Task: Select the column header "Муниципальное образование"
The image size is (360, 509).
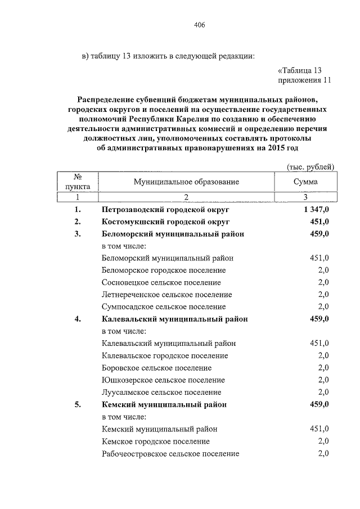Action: pyautogui.click(x=186, y=182)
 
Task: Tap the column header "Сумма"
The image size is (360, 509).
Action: pyautogui.click(x=305, y=182)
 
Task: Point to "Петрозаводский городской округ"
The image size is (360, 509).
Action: pyautogui.click(x=165, y=210)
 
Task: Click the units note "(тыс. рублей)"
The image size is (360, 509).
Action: pyautogui.click(x=310, y=166)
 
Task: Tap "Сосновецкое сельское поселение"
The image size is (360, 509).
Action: pyautogui.click(x=161, y=282)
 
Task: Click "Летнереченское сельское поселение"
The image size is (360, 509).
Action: pyautogui.click(x=166, y=295)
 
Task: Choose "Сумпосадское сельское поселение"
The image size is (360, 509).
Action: pyautogui.click(x=164, y=307)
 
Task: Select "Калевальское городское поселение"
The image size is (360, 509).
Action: pyautogui.click(x=165, y=355)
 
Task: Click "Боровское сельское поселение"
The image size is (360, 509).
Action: pyautogui.click(x=156, y=368)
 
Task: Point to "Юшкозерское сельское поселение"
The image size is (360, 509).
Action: pyautogui.click(x=163, y=380)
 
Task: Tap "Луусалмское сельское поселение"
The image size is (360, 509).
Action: pyautogui.click(x=161, y=393)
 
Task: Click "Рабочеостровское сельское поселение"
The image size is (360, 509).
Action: pyautogui.click(x=170, y=454)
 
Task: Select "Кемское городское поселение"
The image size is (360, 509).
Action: pyautogui.click(x=156, y=442)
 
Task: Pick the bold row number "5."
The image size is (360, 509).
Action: pyautogui.click(x=78, y=404)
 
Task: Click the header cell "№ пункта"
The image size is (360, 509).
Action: pyautogui.click(x=78, y=182)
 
